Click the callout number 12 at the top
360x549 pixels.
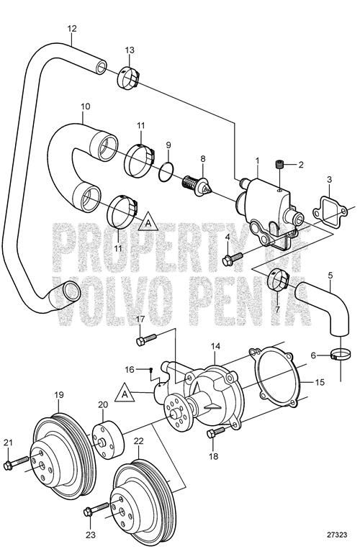click(72, 28)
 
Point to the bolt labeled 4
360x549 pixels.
click(233, 259)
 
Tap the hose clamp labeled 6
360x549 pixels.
click(340, 355)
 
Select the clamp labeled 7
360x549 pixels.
click(279, 278)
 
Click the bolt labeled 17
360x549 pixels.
click(146, 340)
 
